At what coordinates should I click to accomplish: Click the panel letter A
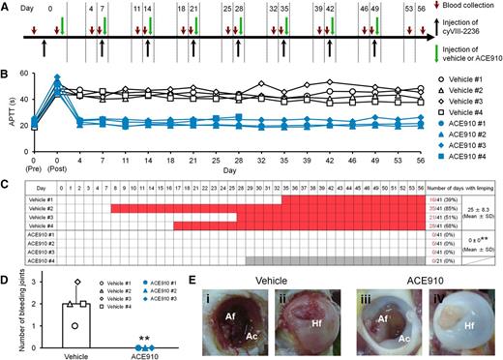(x=7, y=6)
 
